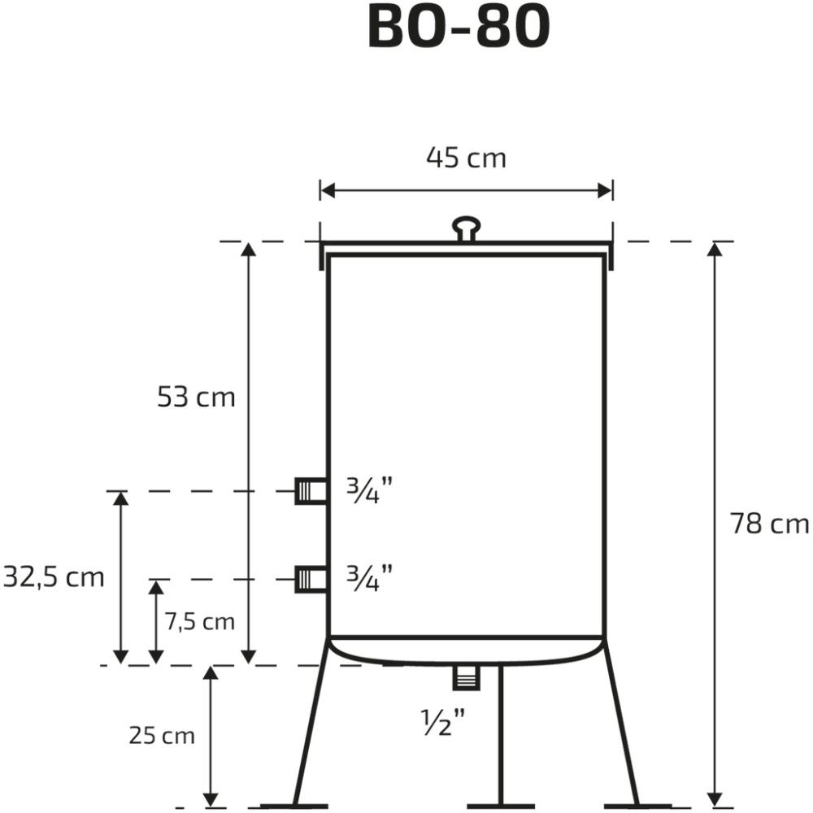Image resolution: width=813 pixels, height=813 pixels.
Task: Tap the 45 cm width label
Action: (x=466, y=158)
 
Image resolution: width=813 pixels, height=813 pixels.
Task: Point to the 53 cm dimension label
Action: (x=196, y=398)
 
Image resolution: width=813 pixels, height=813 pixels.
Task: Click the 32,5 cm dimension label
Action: (x=54, y=577)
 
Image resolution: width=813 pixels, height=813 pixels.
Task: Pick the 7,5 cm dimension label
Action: (x=200, y=622)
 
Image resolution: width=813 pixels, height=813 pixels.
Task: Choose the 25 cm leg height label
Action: (x=162, y=736)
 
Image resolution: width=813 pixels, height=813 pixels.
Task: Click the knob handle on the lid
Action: (x=466, y=227)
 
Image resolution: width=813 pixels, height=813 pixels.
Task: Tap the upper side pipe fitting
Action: (x=311, y=491)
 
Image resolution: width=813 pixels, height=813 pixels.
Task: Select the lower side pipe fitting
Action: (x=311, y=579)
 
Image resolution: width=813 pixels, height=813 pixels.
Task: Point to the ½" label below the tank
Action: (x=443, y=720)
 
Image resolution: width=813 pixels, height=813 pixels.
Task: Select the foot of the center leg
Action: (x=501, y=806)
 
